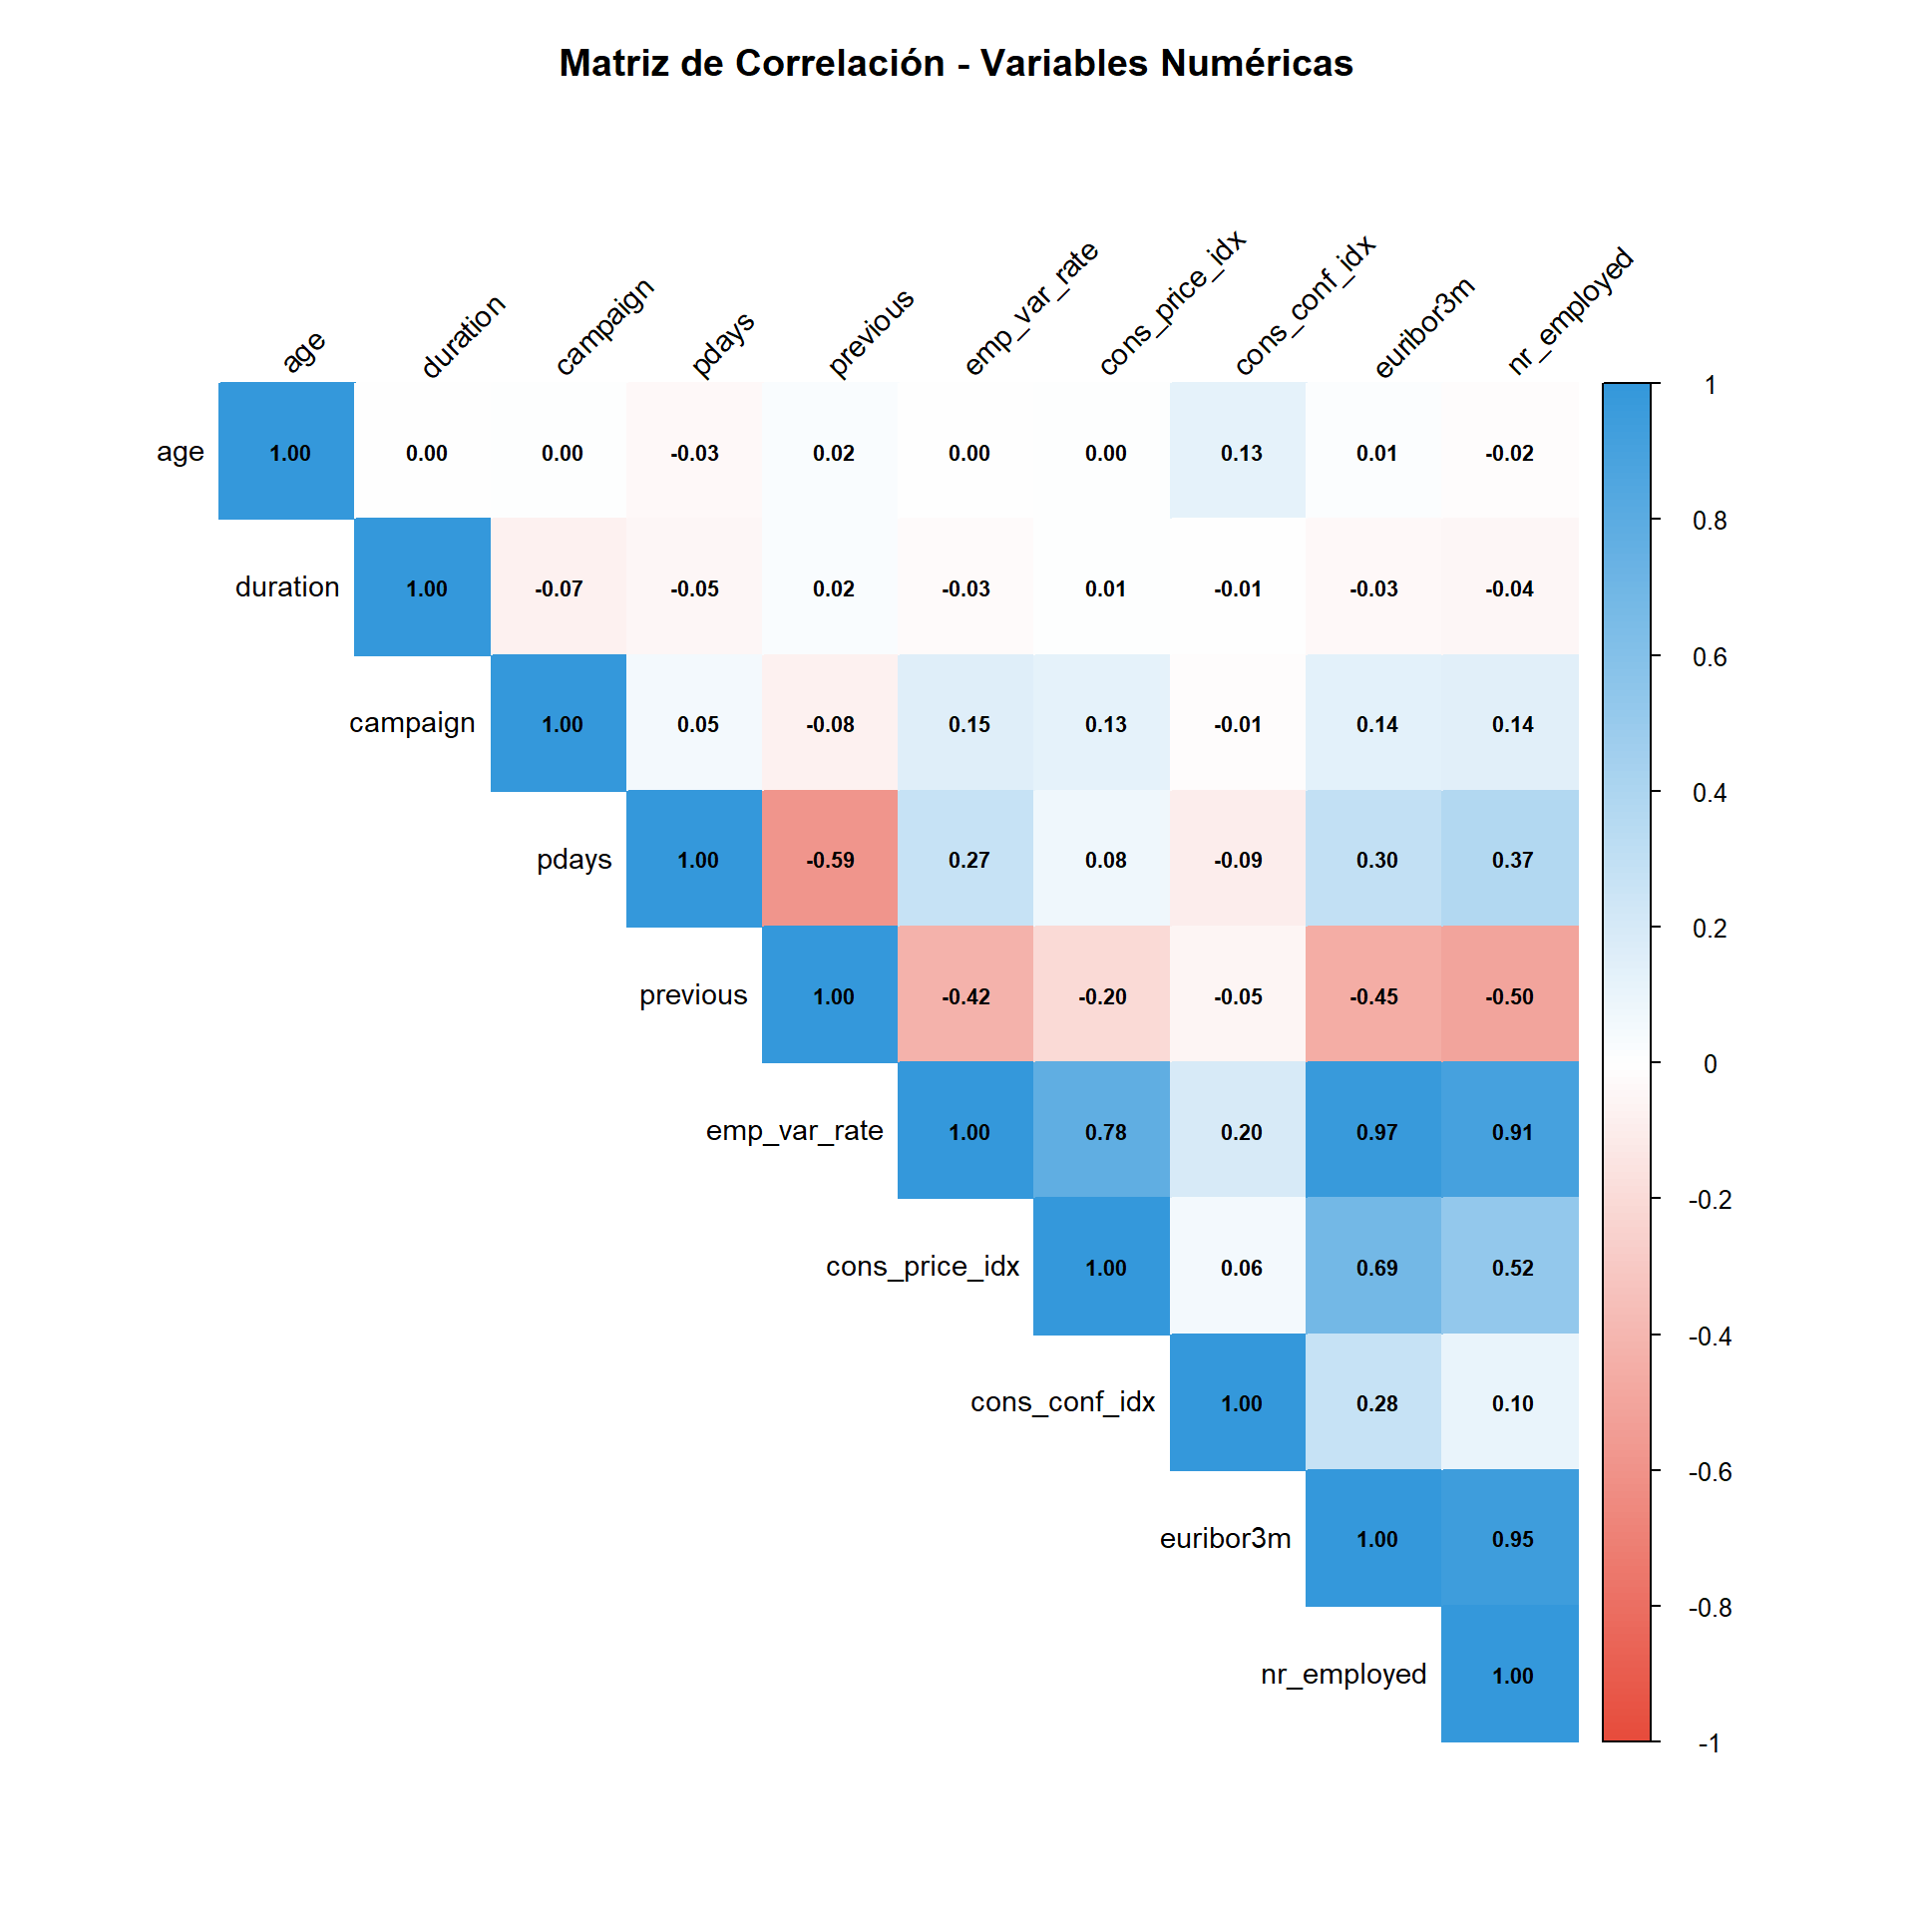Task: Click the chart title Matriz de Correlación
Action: [956, 63]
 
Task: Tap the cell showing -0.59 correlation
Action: [830, 860]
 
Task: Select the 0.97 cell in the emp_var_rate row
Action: [1375, 1131]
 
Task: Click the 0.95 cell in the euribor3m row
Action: [1511, 1538]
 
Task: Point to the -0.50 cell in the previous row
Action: [1509, 995]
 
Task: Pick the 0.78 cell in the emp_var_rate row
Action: [1104, 1131]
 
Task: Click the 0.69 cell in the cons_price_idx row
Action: [1375, 1267]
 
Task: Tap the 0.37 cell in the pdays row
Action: [1511, 860]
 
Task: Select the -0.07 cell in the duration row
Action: [559, 588]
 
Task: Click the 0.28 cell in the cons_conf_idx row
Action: [1375, 1402]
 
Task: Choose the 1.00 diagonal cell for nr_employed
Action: [1511, 1675]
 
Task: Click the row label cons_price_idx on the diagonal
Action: [922, 1266]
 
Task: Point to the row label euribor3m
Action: [1224, 1538]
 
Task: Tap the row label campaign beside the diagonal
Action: [411, 722]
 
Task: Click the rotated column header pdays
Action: [722, 344]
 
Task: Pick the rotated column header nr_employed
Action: [1570, 310]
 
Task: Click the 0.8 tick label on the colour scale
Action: [1709, 521]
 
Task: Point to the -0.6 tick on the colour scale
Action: [1709, 1471]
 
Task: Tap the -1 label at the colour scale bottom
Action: [1709, 1742]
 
